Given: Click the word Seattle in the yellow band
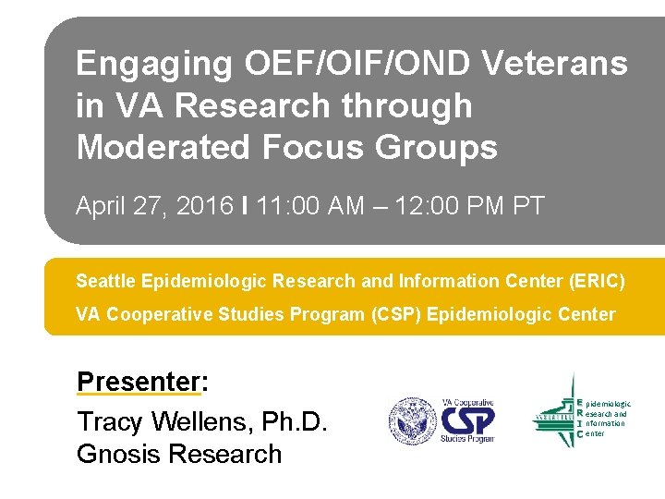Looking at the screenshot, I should [x=104, y=280].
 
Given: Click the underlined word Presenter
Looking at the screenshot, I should [x=139, y=382].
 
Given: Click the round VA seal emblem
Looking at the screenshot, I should [x=412, y=421].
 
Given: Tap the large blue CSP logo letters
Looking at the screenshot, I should [x=468, y=421].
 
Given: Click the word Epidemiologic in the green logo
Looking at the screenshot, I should [x=609, y=404].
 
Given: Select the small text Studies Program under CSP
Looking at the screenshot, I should [x=468, y=440].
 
